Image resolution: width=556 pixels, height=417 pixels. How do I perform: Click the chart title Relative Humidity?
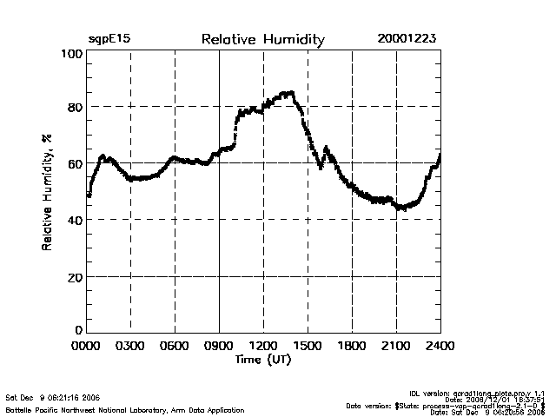coord(262,40)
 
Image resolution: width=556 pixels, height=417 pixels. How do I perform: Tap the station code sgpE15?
coord(109,40)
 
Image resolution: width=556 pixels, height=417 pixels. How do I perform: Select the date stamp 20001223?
coord(407,40)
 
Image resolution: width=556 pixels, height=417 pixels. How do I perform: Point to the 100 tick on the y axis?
coord(72,54)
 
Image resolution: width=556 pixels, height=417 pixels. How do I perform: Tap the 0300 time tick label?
coord(130,346)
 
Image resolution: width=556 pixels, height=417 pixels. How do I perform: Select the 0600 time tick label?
coord(175,346)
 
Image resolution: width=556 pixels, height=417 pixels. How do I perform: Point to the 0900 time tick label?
coord(219,346)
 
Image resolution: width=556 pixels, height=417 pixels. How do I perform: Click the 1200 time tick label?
coord(263,346)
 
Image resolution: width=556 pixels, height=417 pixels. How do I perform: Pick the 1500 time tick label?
coord(308,346)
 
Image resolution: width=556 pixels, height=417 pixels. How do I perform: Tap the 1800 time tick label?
coord(352,346)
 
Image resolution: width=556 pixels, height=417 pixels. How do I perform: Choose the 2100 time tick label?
coord(396,346)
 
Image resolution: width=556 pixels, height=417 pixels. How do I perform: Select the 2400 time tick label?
coord(440,346)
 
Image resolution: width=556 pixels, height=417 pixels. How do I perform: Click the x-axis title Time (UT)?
coord(262,359)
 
